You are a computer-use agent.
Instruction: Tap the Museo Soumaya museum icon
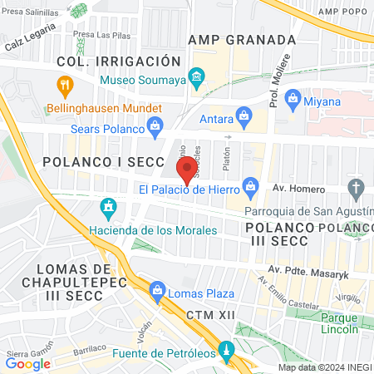click(195, 80)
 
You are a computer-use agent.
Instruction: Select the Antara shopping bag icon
click(244, 115)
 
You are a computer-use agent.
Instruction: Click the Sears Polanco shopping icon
click(154, 126)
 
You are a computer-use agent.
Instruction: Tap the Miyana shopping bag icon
click(293, 101)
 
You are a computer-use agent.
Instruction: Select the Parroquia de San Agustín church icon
click(357, 187)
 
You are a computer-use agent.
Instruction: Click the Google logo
click(27, 363)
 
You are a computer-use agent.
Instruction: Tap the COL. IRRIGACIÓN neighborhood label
click(118, 62)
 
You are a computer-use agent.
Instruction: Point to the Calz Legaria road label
click(29, 36)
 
